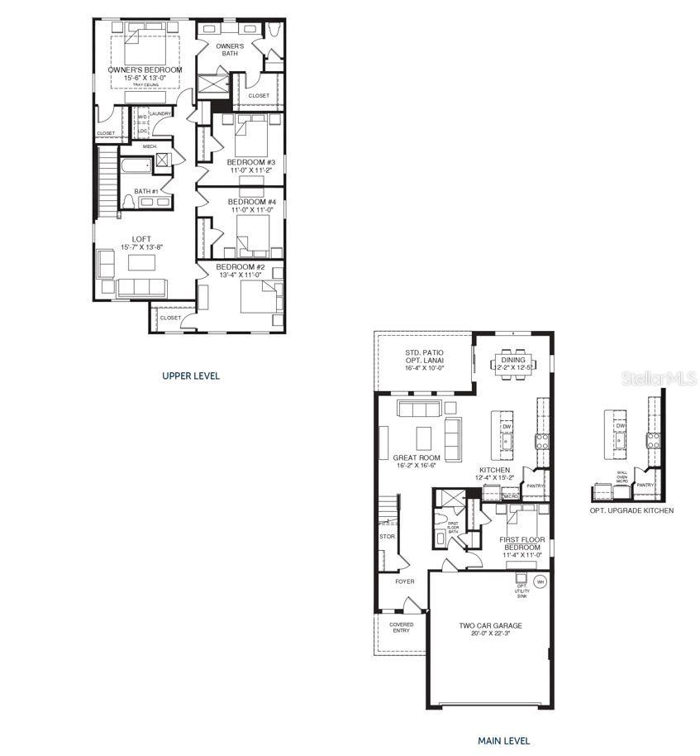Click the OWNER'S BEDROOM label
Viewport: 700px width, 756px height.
[x=145, y=70]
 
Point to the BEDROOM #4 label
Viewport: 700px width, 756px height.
[x=251, y=202]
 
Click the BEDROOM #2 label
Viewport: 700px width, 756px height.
[x=240, y=267]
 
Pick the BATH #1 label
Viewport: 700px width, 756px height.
[x=145, y=191]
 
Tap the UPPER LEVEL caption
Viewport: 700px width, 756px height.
[x=191, y=376]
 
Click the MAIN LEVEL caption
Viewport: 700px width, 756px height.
[x=503, y=741]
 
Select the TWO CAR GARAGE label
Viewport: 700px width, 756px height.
[x=491, y=625]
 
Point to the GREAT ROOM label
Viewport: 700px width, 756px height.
[x=417, y=457]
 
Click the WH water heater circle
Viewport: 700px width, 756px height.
[x=540, y=581]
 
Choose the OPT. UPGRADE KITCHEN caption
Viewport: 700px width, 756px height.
[x=631, y=510]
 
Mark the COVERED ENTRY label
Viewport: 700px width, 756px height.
[x=402, y=627]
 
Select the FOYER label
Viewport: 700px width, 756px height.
[x=404, y=581]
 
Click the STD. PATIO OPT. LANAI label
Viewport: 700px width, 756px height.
[x=423, y=361]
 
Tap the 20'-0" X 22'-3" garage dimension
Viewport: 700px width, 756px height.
[x=491, y=634]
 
